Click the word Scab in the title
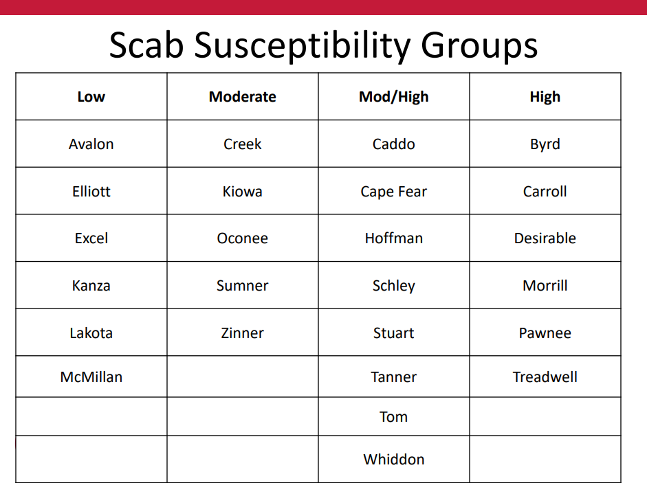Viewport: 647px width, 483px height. (x=146, y=45)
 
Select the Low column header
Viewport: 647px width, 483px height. (x=91, y=96)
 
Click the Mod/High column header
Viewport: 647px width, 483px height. (x=394, y=97)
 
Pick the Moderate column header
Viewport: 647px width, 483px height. (x=243, y=96)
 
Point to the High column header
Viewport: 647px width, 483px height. (x=545, y=97)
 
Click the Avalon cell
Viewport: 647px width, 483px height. (x=91, y=144)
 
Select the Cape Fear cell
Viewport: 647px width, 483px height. (x=394, y=192)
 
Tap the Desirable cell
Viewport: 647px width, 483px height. (x=545, y=238)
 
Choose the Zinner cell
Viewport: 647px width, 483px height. (x=243, y=333)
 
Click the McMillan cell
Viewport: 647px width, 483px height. (x=91, y=377)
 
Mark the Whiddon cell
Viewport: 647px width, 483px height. (x=394, y=459)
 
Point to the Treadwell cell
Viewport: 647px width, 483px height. (x=545, y=377)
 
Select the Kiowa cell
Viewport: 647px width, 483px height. (x=243, y=192)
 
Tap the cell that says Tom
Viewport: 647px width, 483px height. (x=394, y=417)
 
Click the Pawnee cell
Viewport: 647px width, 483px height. (x=545, y=333)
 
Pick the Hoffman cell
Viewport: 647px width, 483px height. (x=394, y=238)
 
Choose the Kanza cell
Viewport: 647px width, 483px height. (x=91, y=285)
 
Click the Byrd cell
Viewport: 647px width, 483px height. (x=545, y=145)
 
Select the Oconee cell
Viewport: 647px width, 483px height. (x=243, y=238)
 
